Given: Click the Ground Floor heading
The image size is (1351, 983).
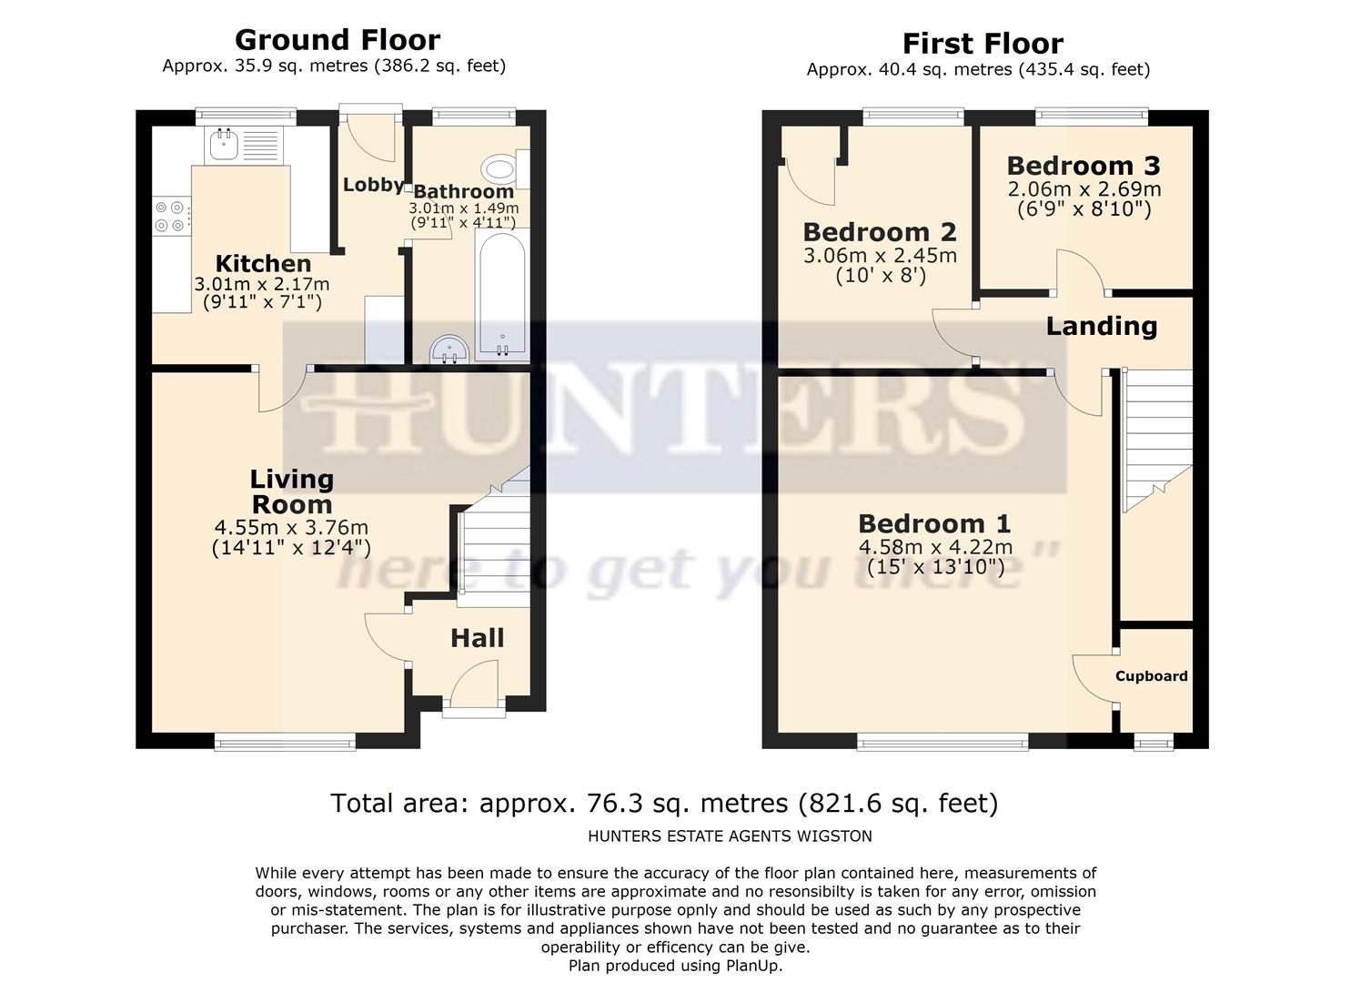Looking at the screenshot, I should tap(338, 40).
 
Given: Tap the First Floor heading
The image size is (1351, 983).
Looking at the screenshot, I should tap(983, 44).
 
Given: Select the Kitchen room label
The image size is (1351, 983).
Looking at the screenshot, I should tap(263, 264).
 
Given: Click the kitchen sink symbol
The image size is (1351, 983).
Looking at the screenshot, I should tap(223, 144).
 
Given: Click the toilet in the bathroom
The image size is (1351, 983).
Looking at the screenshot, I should tap(501, 168).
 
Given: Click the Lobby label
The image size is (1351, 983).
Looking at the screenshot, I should tap(373, 185).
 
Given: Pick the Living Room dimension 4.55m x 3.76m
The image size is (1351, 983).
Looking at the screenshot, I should tap(291, 528).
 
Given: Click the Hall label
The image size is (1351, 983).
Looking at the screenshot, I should tap(478, 638).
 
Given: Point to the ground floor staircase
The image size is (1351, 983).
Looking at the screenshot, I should tap(493, 546).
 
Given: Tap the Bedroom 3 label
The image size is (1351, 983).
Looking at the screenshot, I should tap(1084, 166).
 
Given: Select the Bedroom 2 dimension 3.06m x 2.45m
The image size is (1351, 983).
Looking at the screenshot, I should tap(880, 256).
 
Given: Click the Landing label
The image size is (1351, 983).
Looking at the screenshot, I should tap(1101, 326).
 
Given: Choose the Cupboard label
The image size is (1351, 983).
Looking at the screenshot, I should tap(1152, 676).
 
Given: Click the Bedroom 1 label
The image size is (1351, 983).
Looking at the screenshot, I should tap(934, 523).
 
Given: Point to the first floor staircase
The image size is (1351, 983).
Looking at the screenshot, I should tap(1158, 441).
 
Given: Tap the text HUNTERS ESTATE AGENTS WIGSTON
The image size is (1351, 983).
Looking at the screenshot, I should tap(730, 836).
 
